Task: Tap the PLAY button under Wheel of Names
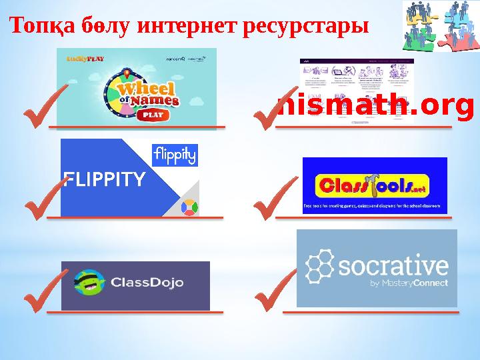click(x=150, y=114)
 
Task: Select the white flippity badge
click(x=175, y=155)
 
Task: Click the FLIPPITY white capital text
click(x=103, y=179)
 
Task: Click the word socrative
click(x=393, y=267)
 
